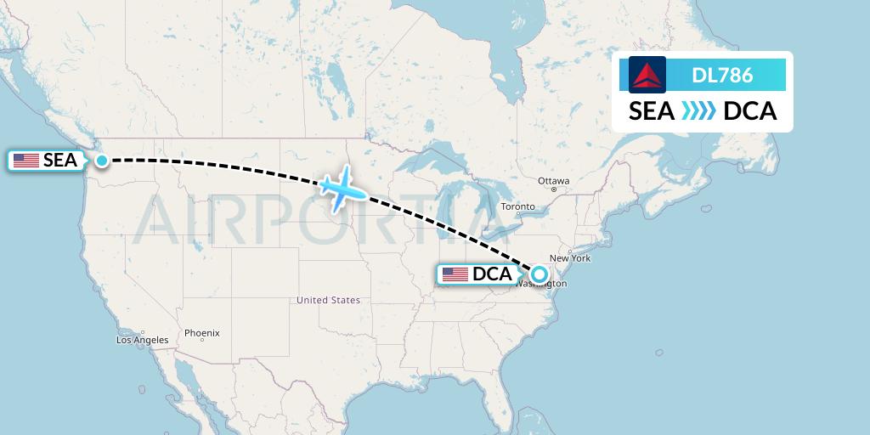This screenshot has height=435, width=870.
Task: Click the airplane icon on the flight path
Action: [x=342, y=189]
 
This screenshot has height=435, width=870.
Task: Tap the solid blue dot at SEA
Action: [x=102, y=160]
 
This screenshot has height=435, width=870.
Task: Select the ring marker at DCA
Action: [x=540, y=274]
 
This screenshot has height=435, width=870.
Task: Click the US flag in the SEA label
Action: [x=26, y=161]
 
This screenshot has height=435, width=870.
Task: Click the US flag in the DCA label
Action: [x=455, y=274]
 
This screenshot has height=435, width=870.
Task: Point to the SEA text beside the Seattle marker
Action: [x=60, y=161]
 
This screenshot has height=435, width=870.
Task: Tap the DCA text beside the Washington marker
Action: [x=493, y=274]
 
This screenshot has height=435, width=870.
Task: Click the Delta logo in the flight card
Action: [x=647, y=75]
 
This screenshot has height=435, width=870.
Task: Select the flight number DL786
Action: [x=722, y=76]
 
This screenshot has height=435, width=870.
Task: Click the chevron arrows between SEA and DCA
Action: [x=698, y=111]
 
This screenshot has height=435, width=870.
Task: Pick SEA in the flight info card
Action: [x=652, y=111]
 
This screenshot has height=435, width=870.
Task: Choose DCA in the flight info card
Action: [x=749, y=111]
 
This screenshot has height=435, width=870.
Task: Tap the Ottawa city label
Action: [x=553, y=181]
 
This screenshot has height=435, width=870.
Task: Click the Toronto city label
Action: [x=517, y=206]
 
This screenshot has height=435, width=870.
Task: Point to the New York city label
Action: [x=570, y=258]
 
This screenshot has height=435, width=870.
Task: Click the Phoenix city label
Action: [x=202, y=333]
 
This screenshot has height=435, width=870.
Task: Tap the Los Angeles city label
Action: [x=143, y=340]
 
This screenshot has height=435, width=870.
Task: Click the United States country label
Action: [x=328, y=300]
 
